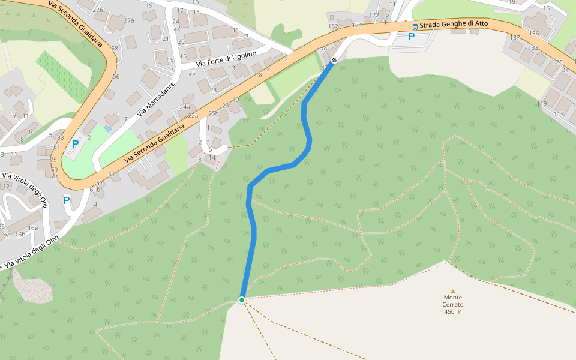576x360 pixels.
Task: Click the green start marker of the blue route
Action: (x=242, y=300)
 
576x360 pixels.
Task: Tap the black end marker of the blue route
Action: (x=334, y=61)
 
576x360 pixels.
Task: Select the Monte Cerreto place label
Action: (x=453, y=301)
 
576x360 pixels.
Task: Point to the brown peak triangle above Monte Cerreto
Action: (x=453, y=291)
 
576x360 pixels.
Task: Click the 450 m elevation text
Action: (x=453, y=311)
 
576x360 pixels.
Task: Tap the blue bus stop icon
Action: (x=415, y=26)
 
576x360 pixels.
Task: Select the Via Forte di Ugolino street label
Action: (x=226, y=59)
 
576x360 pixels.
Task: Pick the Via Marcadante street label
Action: (x=155, y=100)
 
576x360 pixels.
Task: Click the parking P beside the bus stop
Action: (x=411, y=37)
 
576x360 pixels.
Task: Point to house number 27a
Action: (x=129, y=20)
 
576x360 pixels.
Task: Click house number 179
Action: (x=322, y=50)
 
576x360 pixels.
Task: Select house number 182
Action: (x=334, y=26)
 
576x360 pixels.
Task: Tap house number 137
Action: (x=515, y=38)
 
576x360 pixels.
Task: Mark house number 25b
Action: (x=213, y=113)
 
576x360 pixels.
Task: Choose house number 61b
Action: (x=95, y=190)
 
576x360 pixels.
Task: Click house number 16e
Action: (x=34, y=228)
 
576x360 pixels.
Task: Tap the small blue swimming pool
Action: (x=107, y=128)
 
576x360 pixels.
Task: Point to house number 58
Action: (x=115, y=48)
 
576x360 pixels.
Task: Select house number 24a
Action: (x=185, y=107)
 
